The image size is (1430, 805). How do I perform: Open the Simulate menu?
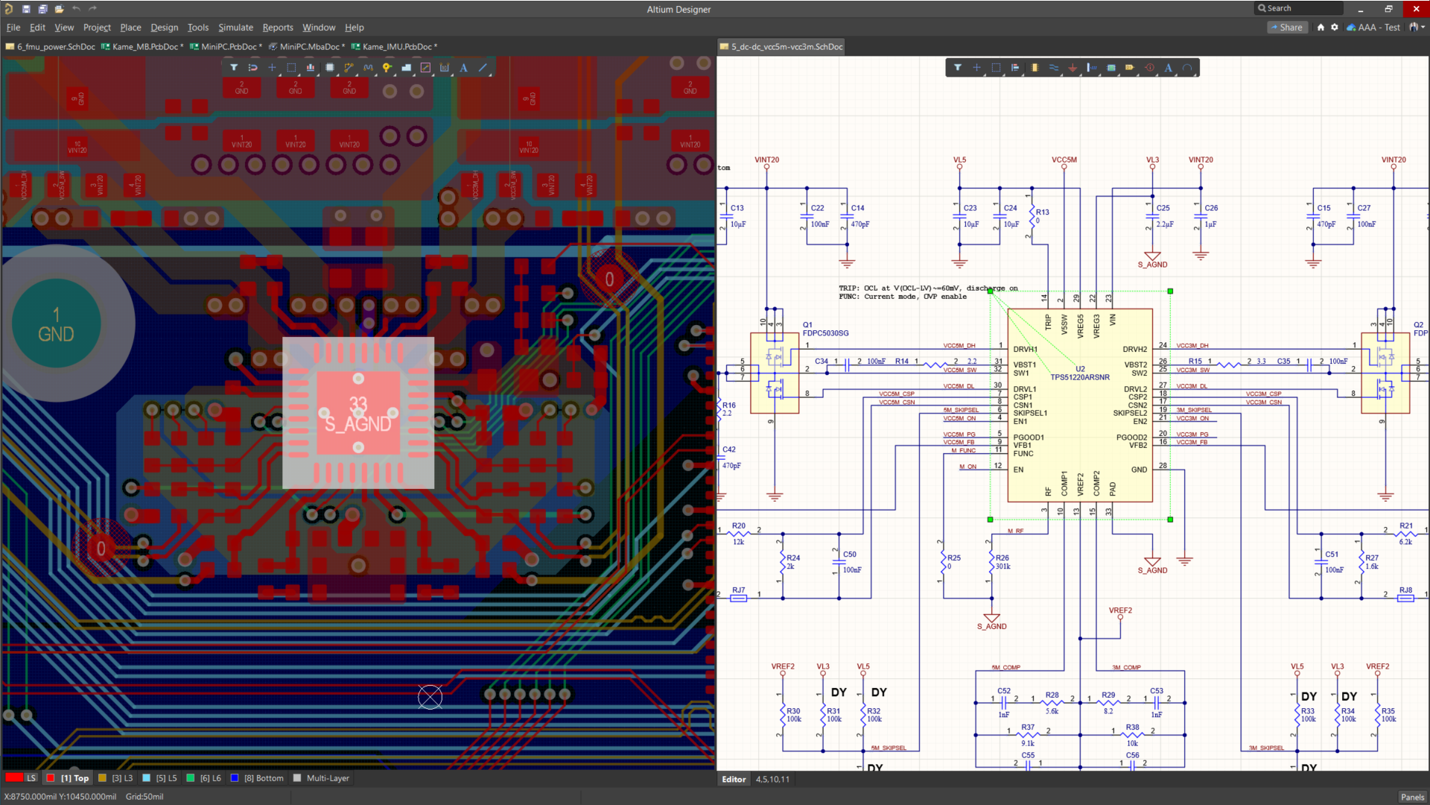pos(235,28)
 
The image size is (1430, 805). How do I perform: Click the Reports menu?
pos(278,28)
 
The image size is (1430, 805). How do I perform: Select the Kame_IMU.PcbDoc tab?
pos(396,47)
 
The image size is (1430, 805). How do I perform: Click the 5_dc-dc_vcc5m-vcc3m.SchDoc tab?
pos(786,47)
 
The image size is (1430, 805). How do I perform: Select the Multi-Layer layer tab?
pos(328,778)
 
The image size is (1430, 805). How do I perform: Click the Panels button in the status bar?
pos(1412,797)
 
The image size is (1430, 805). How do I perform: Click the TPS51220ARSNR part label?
pos(1080,377)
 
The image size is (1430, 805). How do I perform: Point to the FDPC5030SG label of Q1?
pos(825,333)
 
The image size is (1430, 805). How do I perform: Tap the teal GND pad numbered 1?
pos(56,324)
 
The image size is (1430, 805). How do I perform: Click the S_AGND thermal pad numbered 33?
pos(358,414)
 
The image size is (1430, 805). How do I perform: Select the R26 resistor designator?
pos(1002,558)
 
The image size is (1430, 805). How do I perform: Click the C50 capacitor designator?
pos(850,555)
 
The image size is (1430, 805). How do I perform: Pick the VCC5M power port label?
pos(1064,160)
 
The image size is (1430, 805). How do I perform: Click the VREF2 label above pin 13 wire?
pos(1120,610)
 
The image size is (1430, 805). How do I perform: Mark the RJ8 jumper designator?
pos(1405,590)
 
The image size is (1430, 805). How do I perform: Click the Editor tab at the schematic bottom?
pos(734,780)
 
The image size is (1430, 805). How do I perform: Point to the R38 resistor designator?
pos(1132,727)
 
